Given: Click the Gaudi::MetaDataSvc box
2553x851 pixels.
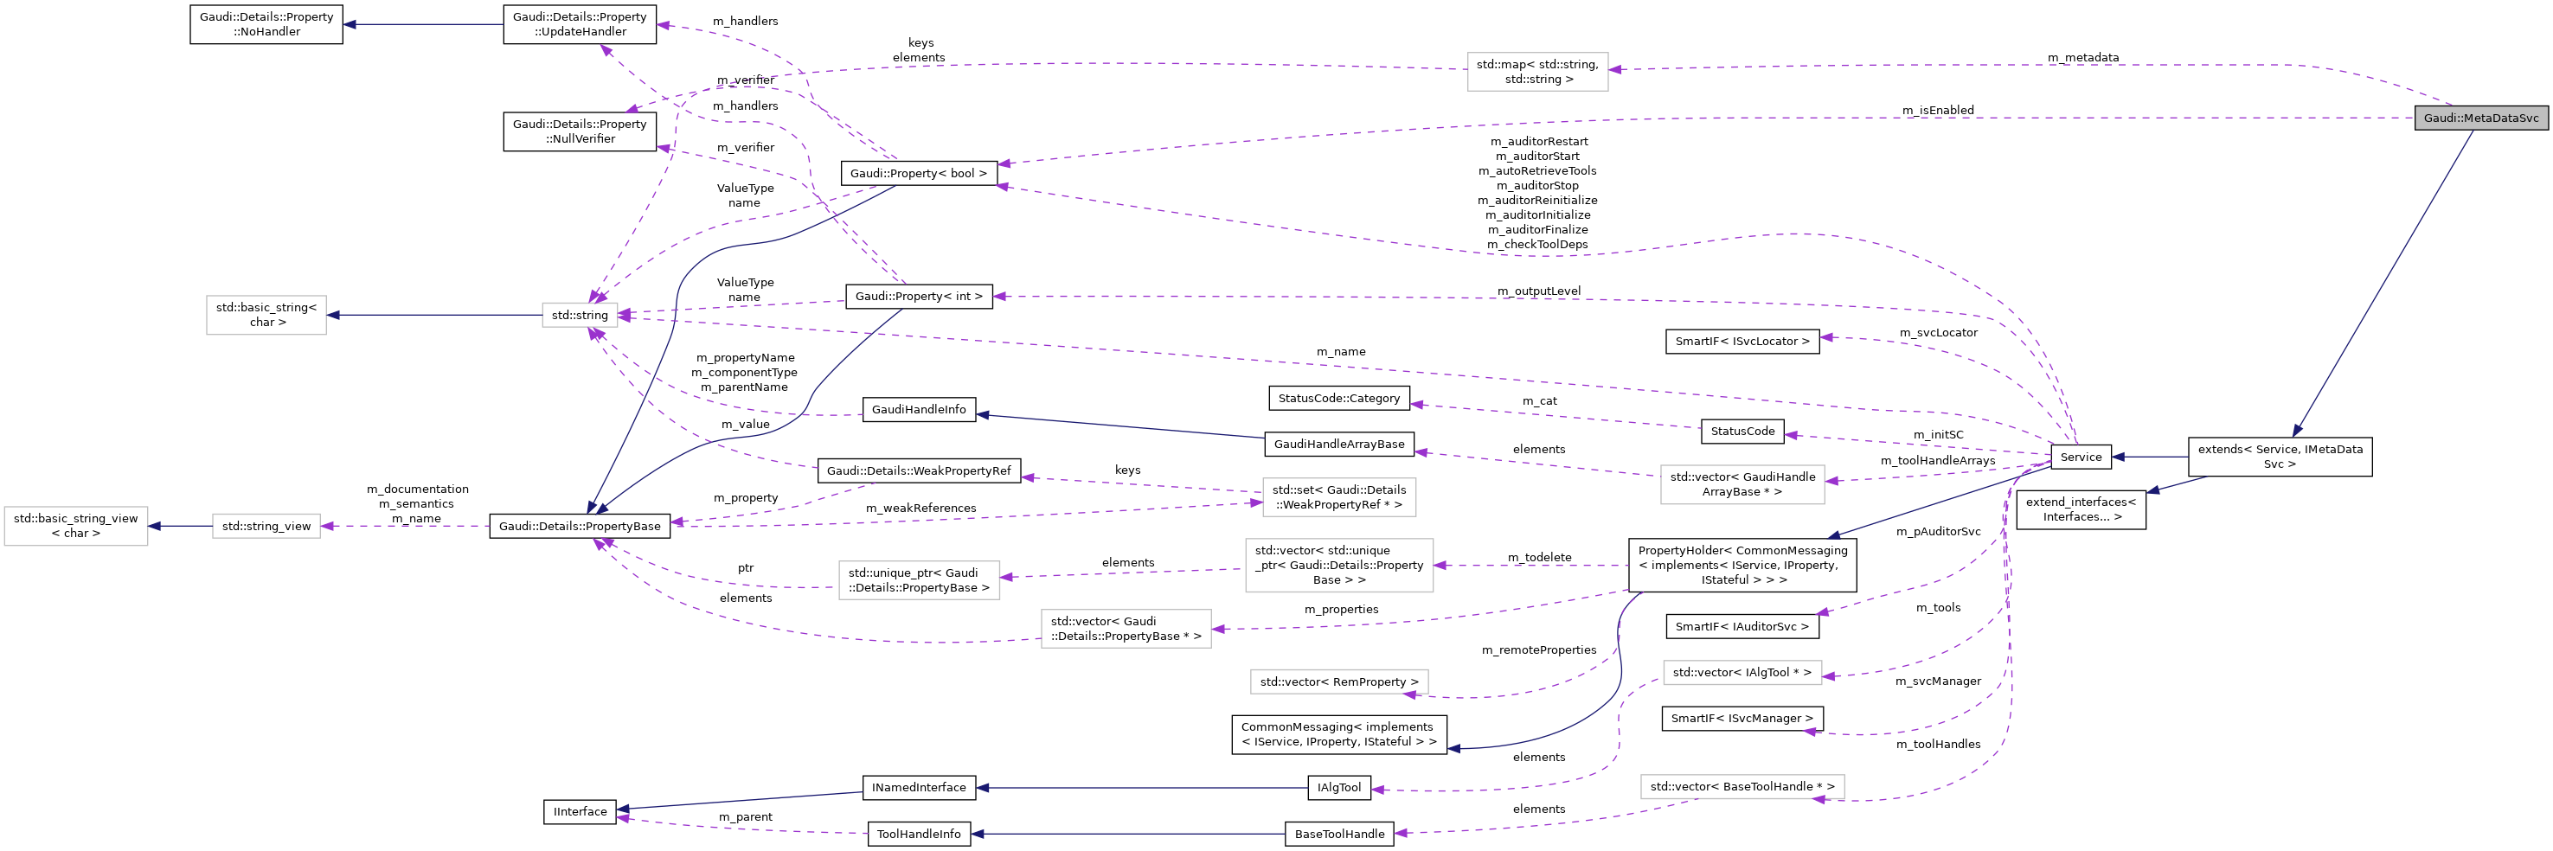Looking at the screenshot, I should click(x=2480, y=118).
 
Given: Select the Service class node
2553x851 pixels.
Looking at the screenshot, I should click(x=2081, y=457).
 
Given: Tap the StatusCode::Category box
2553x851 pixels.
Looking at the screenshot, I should click(x=1338, y=398).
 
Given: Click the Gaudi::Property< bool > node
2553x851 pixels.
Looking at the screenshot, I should click(x=918, y=173).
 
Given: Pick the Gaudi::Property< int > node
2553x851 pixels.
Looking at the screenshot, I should click(x=918, y=297).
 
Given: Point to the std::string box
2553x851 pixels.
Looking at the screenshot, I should click(x=580, y=315).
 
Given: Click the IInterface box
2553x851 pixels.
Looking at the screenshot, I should click(x=580, y=811).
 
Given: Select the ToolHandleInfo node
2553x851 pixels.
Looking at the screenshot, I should click(x=918, y=835).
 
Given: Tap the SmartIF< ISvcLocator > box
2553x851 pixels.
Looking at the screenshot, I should click(x=1742, y=341).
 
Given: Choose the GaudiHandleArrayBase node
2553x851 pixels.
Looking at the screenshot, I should click(x=1338, y=444).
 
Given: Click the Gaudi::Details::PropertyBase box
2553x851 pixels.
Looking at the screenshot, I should click(x=580, y=526).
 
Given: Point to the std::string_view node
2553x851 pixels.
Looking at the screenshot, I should click(x=266, y=526).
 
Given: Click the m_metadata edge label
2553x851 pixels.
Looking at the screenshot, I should click(x=2082, y=57).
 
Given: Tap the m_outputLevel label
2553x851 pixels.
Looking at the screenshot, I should click(x=1538, y=291).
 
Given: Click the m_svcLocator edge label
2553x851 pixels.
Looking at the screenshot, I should click(x=1938, y=333).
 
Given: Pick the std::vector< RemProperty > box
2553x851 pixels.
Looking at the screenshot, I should click(x=1338, y=681).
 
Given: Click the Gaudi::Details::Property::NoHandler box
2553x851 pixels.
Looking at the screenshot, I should click(x=266, y=23).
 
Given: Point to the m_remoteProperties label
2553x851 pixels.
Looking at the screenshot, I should click(x=1538, y=649).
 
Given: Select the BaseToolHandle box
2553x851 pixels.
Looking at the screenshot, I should click(x=1338, y=835).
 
